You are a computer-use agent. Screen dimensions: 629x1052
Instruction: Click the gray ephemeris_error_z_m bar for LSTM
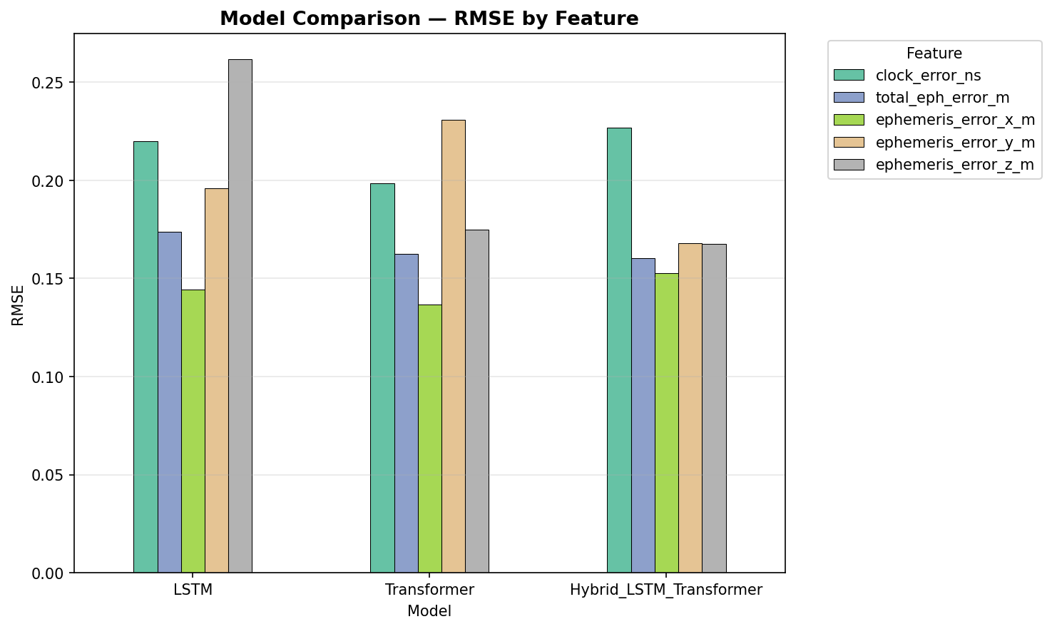240,316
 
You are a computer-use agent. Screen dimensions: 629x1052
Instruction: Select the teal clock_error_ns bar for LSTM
145,357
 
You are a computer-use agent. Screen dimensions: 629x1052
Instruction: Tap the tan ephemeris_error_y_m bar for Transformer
454,346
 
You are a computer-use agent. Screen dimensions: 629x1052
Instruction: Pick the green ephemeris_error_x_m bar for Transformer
430,439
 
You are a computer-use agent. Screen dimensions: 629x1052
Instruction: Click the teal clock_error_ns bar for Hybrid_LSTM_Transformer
619,350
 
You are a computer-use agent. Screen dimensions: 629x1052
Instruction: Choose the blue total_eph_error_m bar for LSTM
170,402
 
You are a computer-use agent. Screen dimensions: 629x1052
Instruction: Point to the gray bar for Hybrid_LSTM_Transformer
714,408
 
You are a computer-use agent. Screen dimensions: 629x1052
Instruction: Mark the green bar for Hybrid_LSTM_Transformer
667,423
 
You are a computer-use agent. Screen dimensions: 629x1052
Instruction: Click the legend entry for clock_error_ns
928,76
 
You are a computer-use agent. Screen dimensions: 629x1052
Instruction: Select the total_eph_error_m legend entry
942,98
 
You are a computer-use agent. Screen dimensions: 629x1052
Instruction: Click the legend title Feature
934,53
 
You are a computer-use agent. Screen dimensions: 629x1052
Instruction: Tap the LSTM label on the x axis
193,590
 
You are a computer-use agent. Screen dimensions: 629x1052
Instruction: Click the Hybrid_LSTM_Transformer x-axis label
666,590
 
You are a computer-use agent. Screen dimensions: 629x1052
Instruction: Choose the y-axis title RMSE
19,305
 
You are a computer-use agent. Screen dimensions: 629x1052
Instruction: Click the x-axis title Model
429,612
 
